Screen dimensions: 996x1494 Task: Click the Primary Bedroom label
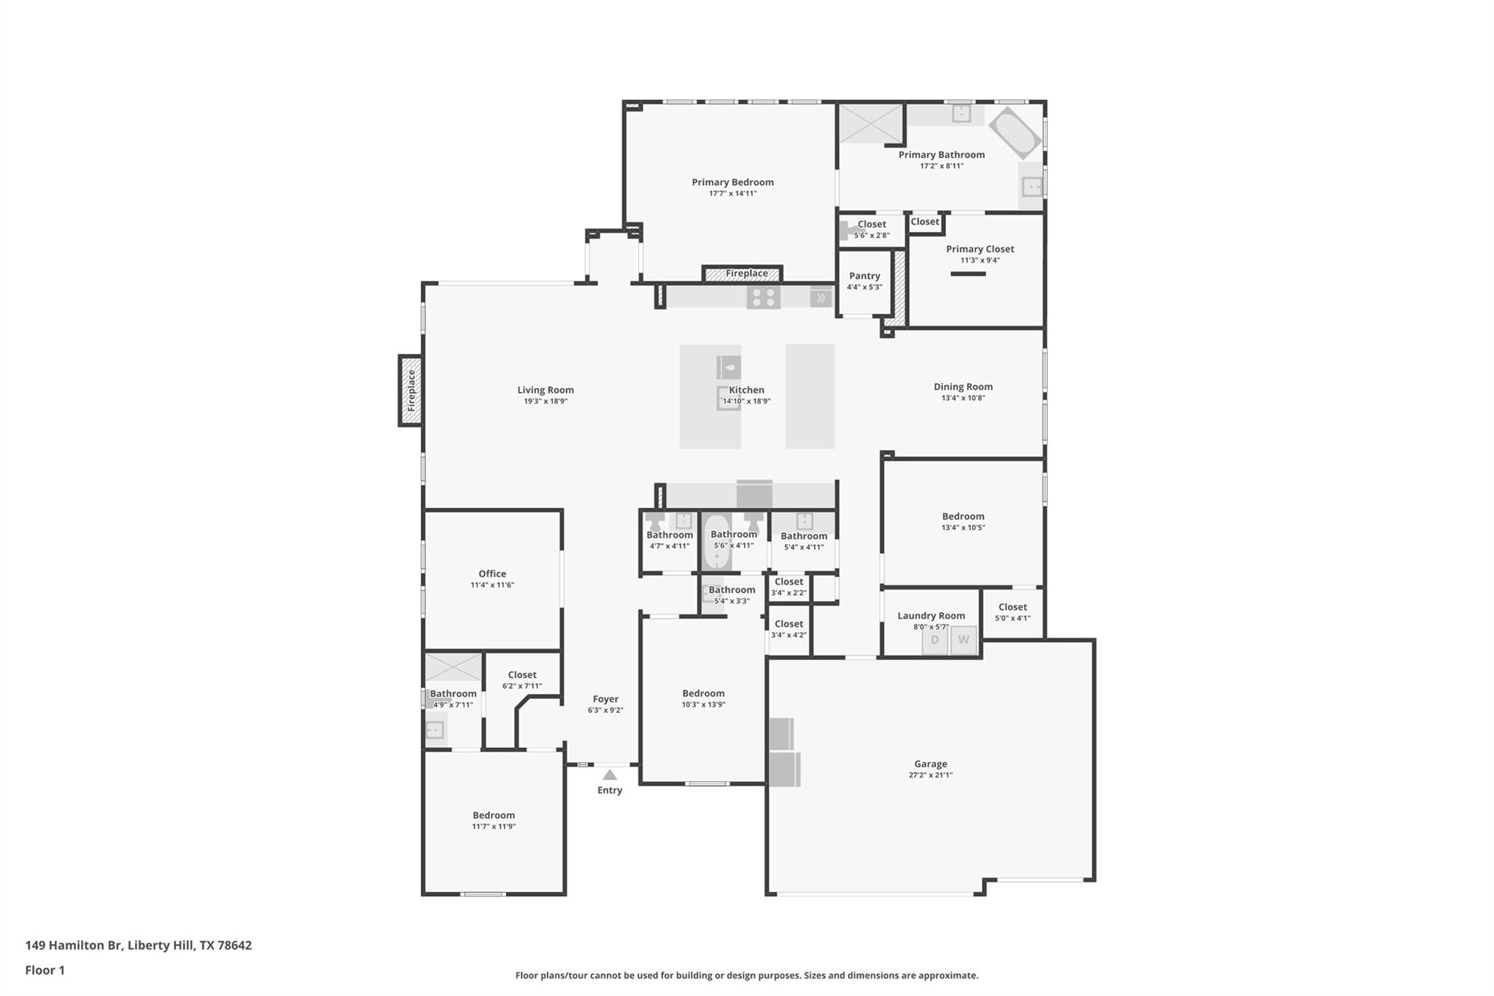732,182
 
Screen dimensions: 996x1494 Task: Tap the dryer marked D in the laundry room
934,641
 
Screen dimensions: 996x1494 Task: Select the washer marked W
963,641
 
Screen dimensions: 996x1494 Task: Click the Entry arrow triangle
610,775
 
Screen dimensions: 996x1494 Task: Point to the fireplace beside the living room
411,390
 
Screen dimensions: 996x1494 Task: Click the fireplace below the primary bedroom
743,274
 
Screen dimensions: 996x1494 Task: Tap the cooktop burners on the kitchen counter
763,297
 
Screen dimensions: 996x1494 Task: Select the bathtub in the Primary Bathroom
1014,134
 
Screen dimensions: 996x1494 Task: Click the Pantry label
864,276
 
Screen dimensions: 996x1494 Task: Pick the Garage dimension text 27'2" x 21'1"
930,776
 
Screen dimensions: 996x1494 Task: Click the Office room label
492,574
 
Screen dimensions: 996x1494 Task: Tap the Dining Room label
963,387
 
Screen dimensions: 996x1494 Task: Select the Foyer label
605,699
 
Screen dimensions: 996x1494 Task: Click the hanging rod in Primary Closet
968,274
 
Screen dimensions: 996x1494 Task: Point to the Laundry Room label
931,616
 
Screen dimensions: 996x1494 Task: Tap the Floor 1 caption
45,970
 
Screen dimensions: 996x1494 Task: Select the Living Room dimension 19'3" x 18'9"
545,401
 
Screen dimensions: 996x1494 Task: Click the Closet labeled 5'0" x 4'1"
1013,607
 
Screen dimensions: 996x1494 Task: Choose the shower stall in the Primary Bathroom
871,123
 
